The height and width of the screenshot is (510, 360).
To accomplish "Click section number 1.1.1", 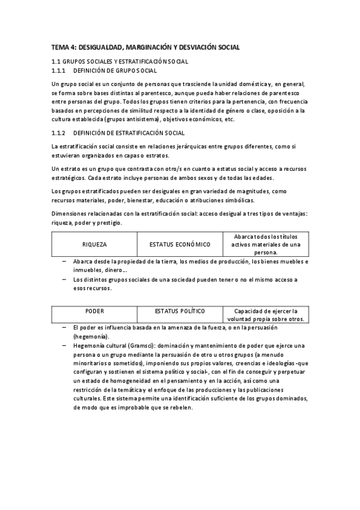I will tap(59, 70).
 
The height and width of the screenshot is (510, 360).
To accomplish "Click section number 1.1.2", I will tap(59, 132).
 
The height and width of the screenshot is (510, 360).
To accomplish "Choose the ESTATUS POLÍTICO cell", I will tap(180, 311).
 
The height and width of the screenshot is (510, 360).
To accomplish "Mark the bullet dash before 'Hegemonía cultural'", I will tap(64, 346).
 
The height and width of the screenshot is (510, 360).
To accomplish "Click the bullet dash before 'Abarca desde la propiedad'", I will tap(64, 262).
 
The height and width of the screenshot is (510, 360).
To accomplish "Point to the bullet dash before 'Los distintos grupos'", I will tap(64, 280).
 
